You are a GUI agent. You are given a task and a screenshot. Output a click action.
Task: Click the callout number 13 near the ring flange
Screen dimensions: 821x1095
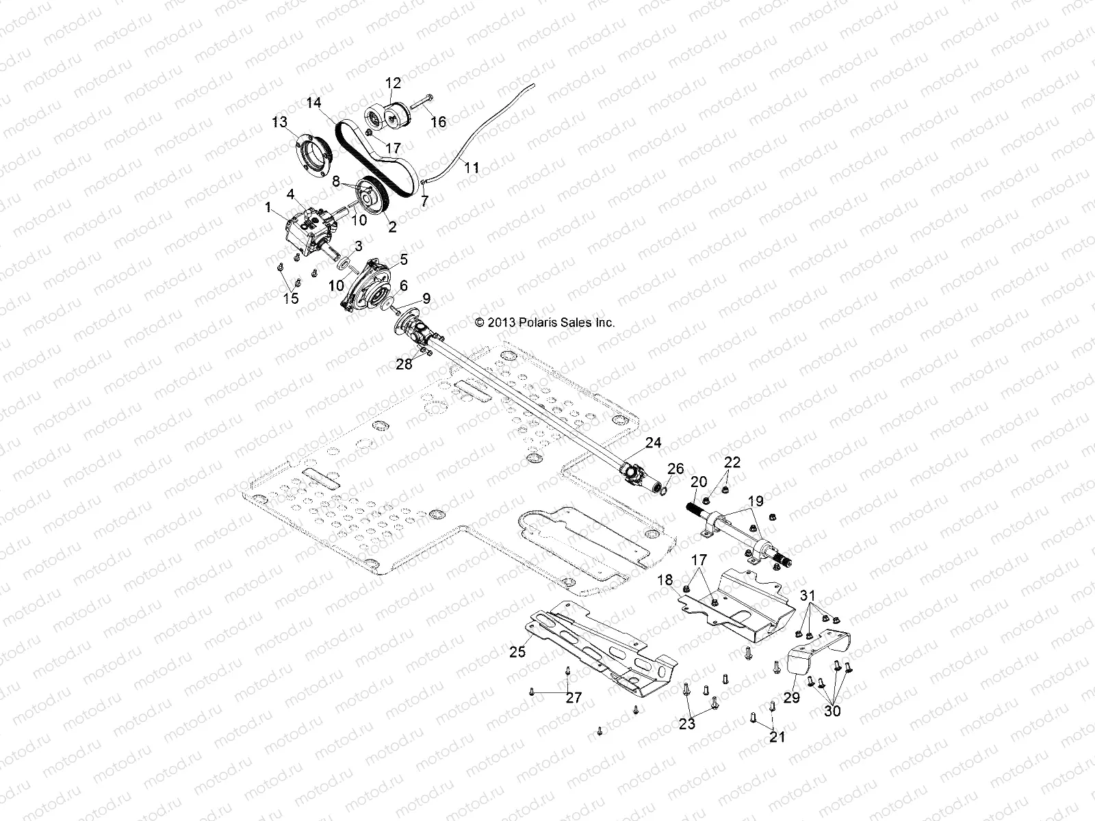pos(279,122)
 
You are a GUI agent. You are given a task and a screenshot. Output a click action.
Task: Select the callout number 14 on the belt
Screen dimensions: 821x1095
pos(313,103)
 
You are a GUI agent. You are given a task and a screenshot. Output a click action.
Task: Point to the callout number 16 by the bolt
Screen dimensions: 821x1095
pos(438,122)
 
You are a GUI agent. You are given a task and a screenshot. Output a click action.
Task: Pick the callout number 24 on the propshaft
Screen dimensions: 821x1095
pos(653,443)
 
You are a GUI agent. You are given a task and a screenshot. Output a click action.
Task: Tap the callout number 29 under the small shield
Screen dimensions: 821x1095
pos(792,698)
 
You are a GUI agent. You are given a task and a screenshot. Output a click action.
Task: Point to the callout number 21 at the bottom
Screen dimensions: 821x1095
pos(777,737)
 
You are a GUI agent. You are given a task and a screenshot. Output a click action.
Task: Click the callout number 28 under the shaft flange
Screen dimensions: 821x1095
pos(404,364)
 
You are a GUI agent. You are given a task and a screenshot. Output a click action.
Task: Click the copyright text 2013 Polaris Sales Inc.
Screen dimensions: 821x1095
pos(545,322)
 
